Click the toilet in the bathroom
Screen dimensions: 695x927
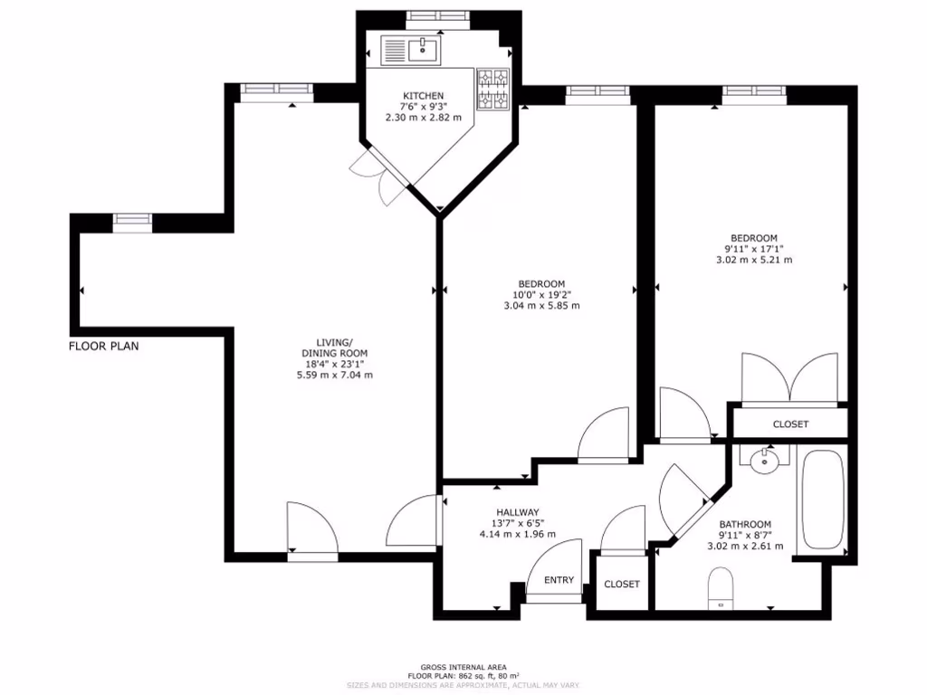pos(721,586)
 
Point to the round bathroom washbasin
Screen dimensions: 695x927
pos(765,461)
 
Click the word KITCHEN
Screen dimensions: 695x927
pos(423,96)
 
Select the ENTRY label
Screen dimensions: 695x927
pos(559,580)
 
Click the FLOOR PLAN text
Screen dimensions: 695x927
pos(104,346)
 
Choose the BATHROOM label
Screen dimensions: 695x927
pos(744,525)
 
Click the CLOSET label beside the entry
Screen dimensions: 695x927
pos(622,585)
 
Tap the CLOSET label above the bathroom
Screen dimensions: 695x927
pos(790,424)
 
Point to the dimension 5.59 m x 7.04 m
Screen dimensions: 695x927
pos(335,375)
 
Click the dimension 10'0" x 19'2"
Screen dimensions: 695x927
pos(541,294)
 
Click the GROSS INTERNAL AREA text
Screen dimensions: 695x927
pos(463,666)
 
